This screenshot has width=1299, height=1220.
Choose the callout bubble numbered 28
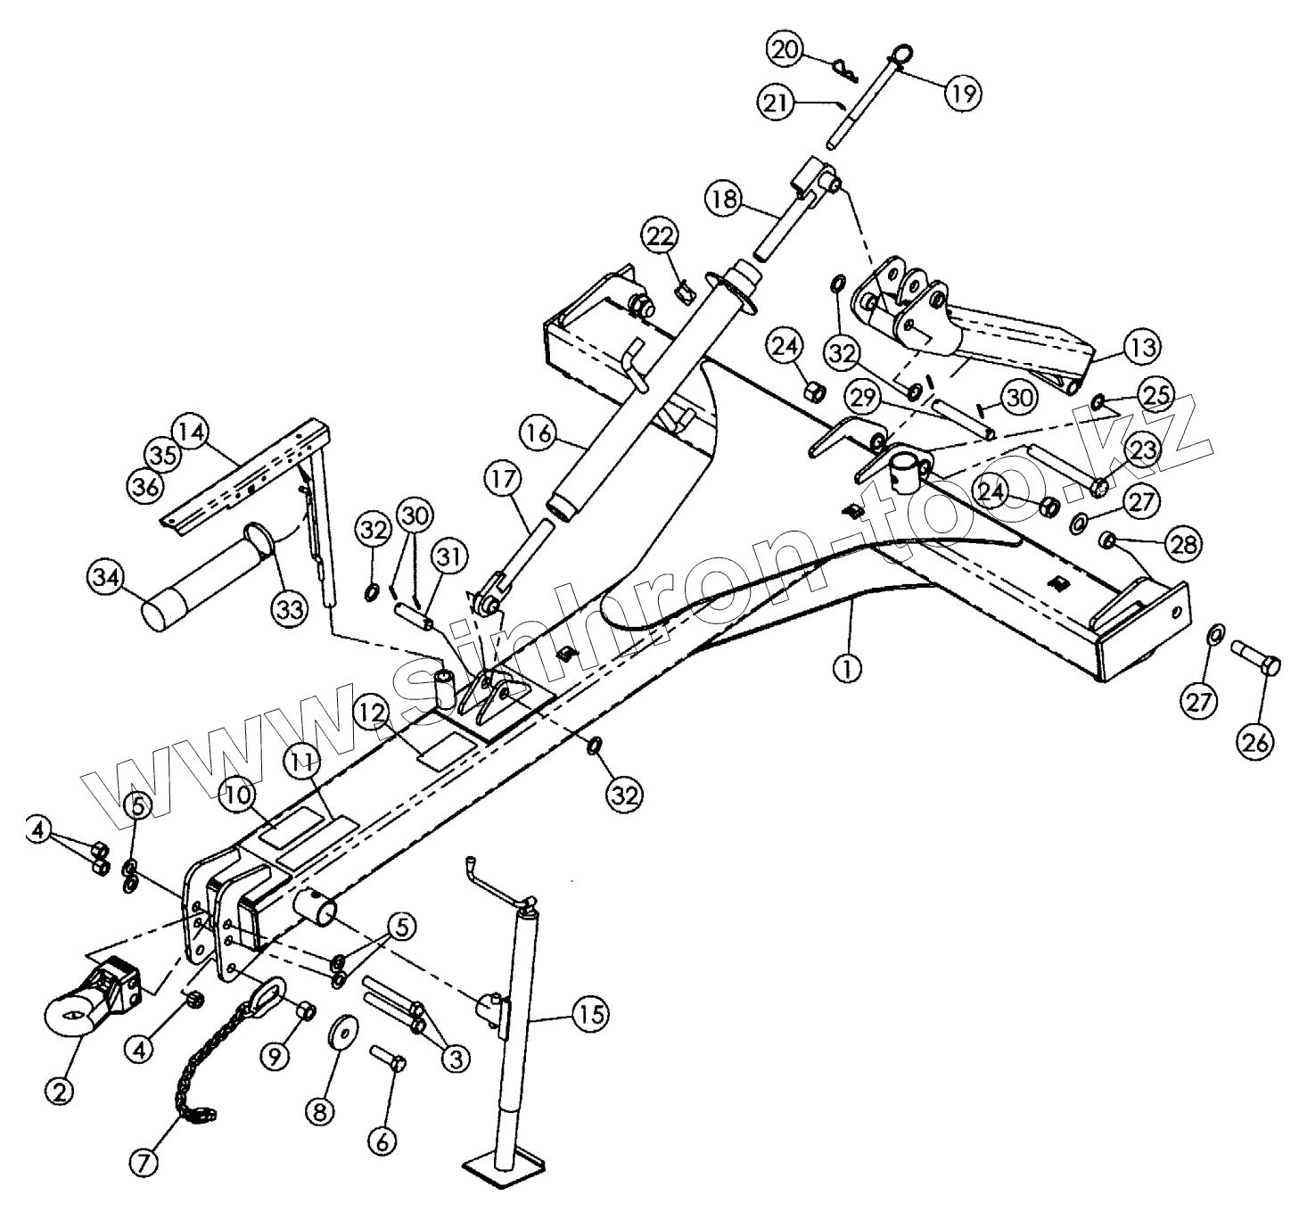coord(1183,543)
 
